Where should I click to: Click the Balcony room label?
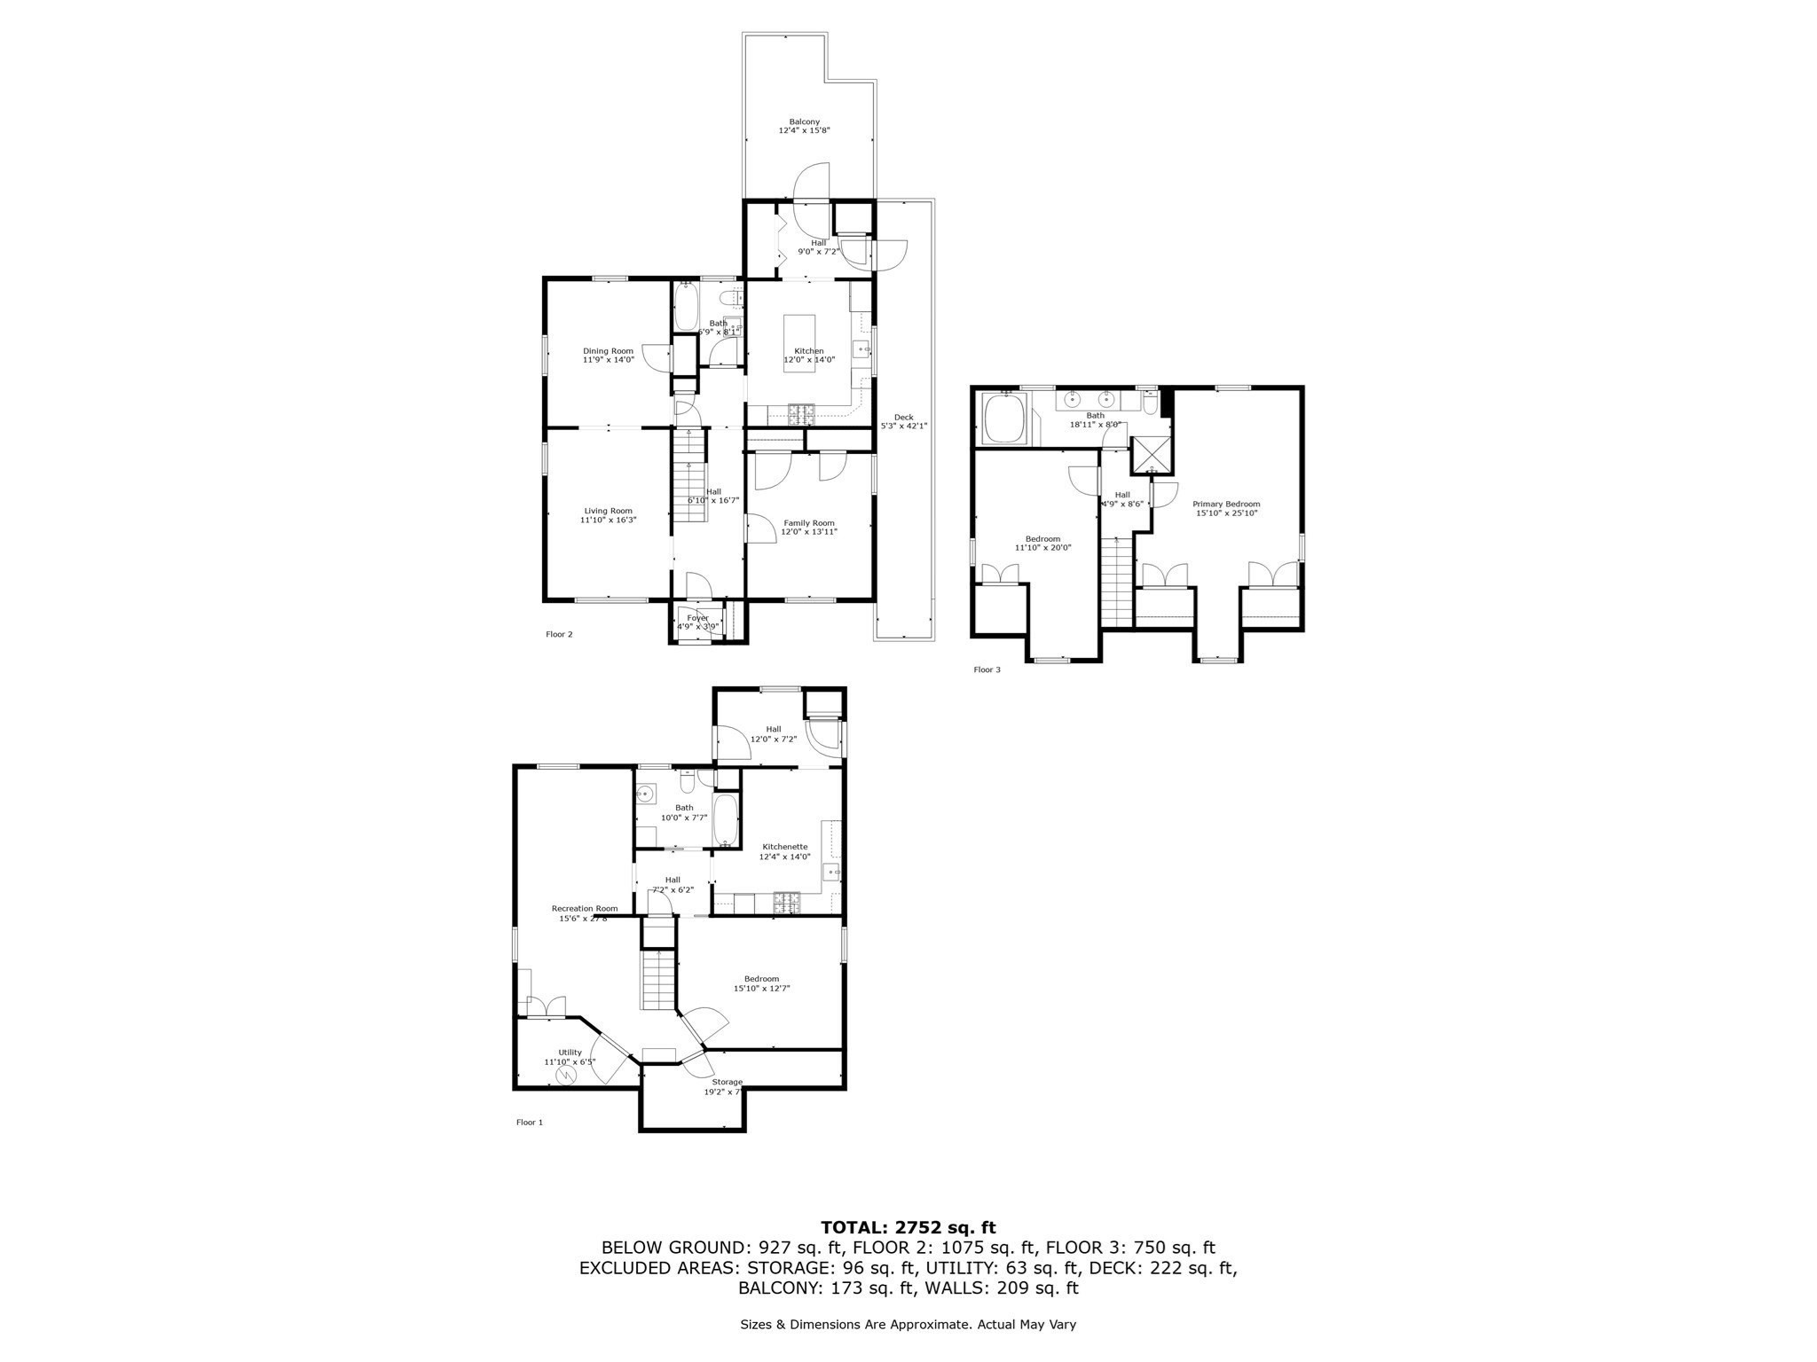[x=804, y=126]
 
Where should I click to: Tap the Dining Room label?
[x=608, y=356]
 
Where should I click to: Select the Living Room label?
[x=608, y=515]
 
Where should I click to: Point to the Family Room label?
[x=808, y=528]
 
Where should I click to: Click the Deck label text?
[x=903, y=421]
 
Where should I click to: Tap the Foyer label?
[x=697, y=622]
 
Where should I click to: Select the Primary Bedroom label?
[x=1226, y=508]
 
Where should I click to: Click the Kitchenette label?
[x=784, y=851]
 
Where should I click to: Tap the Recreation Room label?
[x=584, y=912]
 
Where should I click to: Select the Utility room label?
[x=570, y=1057]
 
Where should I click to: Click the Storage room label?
[x=726, y=1086]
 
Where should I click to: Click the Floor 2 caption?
[x=559, y=634]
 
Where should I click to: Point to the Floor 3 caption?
[x=987, y=669]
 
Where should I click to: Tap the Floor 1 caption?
[x=529, y=1122]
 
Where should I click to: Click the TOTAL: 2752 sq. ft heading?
[x=908, y=1227]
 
